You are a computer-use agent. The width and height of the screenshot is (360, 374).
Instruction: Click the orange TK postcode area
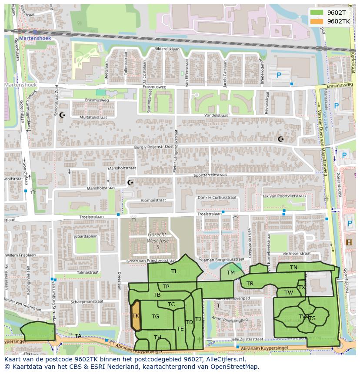click(x=136, y=316)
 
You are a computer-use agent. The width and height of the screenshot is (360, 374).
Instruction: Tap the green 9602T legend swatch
click(x=317, y=13)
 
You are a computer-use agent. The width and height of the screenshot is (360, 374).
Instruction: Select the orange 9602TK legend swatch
click(x=317, y=21)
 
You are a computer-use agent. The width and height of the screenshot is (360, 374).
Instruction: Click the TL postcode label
click(x=174, y=271)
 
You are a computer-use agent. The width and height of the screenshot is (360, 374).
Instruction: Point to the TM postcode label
click(x=230, y=273)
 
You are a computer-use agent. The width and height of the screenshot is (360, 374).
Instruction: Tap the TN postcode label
click(x=293, y=268)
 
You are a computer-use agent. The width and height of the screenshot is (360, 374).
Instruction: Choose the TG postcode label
click(x=155, y=317)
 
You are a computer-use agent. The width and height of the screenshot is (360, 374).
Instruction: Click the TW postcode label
click(x=289, y=293)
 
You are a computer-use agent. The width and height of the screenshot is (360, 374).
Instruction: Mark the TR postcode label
click(x=250, y=284)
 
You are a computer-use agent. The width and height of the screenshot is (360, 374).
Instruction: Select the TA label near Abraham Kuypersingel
click(x=78, y=336)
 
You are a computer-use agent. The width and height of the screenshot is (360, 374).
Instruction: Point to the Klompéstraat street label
click(x=153, y=200)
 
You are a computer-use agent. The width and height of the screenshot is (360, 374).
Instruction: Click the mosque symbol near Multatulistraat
click(x=61, y=114)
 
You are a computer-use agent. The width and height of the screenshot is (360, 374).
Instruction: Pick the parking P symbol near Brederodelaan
click(x=279, y=75)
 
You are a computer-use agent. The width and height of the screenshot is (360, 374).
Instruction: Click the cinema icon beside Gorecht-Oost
click(x=349, y=242)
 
